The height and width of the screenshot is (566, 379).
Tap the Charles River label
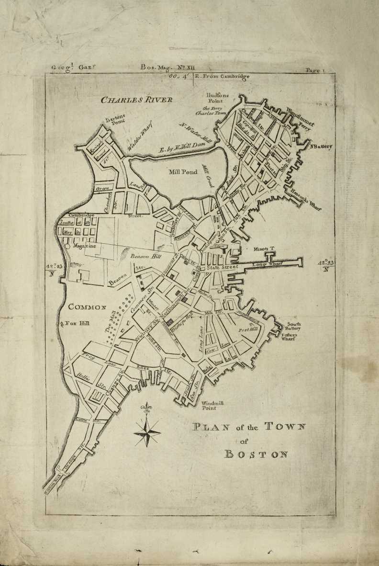tap(136, 100)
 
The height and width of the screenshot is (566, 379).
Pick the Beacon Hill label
tap(146, 257)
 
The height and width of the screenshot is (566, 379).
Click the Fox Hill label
tap(77, 324)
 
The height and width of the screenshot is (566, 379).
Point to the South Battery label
tap(294, 327)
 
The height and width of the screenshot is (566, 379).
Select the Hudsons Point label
tap(219, 98)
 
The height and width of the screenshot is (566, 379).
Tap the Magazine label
tap(85, 246)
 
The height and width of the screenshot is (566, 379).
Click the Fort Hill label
tap(248, 330)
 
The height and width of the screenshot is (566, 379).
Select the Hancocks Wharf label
tap(306, 199)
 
